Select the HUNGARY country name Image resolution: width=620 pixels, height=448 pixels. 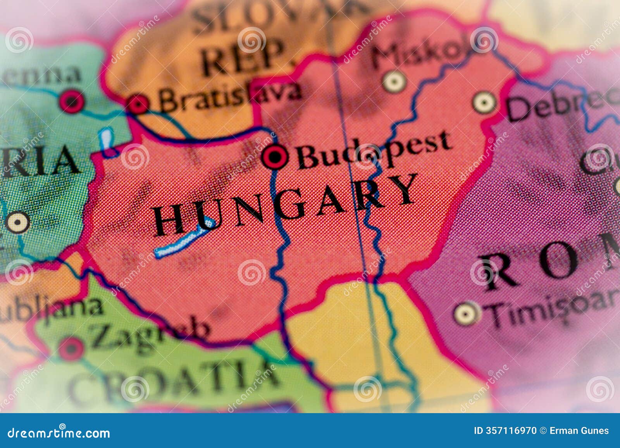pyautogui.click(x=285, y=205)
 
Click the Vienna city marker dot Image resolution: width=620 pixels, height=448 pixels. pyautogui.click(x=72, y=102)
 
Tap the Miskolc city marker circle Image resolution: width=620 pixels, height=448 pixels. pyautogui.click(x=394, y=82)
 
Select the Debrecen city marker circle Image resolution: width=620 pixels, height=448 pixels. pyautogui.click(x=484, y=103)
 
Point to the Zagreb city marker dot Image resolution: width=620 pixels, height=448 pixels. pyautogui.click(x=71, y=348)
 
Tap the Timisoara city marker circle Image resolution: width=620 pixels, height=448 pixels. pyautogui.click(x=466, y=313)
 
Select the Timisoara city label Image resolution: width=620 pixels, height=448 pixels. pyautogui.click(x=550, y=306)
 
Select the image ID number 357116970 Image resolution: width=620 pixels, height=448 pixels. pyautogui.click(x=505, y=431)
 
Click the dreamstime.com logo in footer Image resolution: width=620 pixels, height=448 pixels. pyautogui.click(x=59, y=432)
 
